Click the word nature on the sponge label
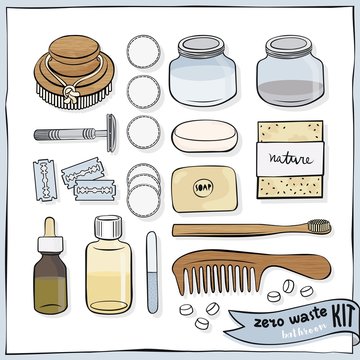[288, 158]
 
